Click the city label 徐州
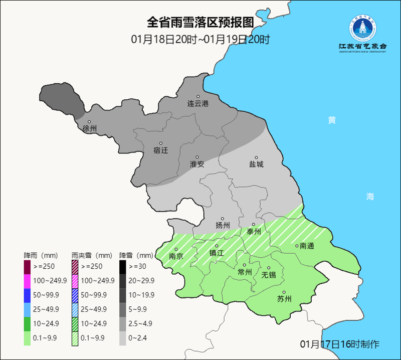tap(89, 128)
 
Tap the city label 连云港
tap(197, 104)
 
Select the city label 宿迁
tap(160, 150)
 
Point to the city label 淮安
tap(197, 164)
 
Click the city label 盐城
tap(256, 164)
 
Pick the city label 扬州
tap(223, 225)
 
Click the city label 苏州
tap(284, 299)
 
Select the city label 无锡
tap(269, 275)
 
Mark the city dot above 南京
tap(176, 249)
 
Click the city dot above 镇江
tap(217, 246)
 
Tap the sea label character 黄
tap(332, 120)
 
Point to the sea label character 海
tap(370, 197)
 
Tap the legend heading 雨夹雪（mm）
tap(91, 255)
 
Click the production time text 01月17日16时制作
tap(339, 344)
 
